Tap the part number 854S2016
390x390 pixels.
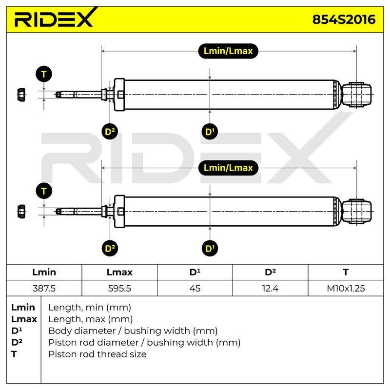[344, 19]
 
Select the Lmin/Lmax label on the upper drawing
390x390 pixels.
[228, 51]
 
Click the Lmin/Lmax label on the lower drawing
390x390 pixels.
[228, 168]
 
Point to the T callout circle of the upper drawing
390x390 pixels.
[44, 74]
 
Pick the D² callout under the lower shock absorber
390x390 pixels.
[110, 248]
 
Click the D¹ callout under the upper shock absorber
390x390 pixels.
[210, 131]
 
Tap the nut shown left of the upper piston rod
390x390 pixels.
[21, 95]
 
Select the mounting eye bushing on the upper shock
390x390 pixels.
[357, 95]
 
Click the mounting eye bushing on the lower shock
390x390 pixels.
[357, 212]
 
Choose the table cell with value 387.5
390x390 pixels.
[44, 288]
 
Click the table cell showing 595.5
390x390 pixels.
[119, 288]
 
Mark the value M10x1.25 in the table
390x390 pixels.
[346, 288]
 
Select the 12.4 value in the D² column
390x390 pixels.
[270, 288]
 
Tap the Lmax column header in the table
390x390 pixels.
[119, 272]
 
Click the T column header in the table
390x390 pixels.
[346, 272]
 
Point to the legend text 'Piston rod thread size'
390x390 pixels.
[97, 354]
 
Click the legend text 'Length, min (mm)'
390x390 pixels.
[90, 308]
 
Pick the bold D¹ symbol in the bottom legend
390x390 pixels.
[17, 331]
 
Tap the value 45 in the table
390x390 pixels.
[195, 288]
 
